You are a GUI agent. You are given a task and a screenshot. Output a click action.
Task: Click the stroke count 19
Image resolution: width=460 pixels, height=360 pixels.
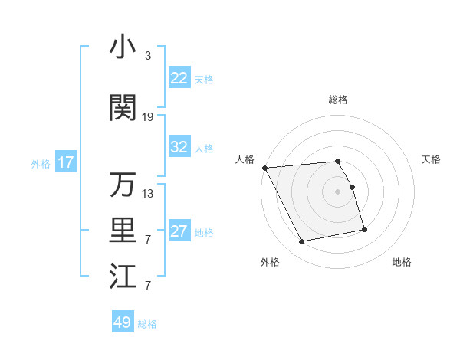(148, 117)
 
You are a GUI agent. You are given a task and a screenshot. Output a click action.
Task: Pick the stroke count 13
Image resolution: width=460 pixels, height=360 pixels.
(148, 194)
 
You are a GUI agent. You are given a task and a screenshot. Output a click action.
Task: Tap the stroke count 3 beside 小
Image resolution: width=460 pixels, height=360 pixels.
(147, 56)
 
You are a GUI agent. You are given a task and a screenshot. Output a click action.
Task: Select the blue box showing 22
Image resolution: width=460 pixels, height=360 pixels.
(179, 78)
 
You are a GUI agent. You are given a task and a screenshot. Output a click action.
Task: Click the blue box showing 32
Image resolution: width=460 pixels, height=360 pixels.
(179, 147)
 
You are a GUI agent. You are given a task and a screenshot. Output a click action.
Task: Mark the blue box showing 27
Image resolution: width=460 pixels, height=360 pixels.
(179, 231)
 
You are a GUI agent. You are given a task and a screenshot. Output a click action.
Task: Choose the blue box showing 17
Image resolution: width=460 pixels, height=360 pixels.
(65, 162)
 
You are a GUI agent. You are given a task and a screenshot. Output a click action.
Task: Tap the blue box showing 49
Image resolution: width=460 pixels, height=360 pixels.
(123, 322)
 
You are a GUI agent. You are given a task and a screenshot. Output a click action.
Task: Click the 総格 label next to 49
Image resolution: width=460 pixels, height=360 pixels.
(147, 324)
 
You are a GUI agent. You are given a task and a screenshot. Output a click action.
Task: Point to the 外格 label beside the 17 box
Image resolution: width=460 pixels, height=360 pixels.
(41, 163)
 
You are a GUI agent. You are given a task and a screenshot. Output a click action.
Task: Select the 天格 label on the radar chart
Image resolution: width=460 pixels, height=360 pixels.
(432, 159)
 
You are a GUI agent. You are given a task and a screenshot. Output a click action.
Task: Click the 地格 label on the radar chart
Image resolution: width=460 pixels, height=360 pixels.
(402, 262)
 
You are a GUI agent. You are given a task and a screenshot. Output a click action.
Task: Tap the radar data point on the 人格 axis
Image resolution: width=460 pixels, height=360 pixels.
(264, 168)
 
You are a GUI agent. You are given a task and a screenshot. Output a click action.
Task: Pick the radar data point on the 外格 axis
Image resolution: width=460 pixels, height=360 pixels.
(302, 242)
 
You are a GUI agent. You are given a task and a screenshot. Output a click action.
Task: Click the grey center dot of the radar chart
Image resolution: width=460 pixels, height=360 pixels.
(338, 191)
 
